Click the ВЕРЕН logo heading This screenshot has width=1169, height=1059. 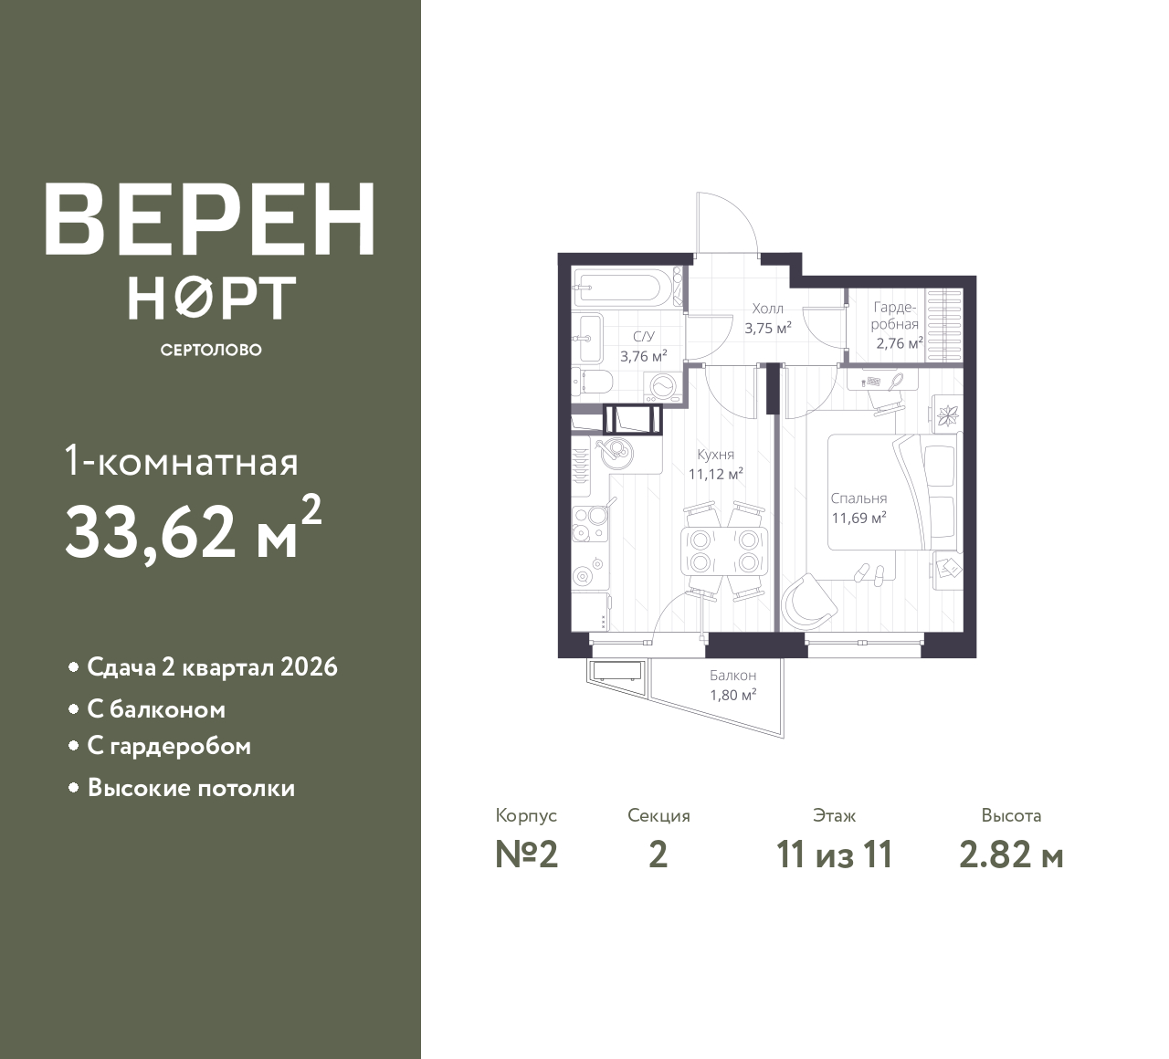[x=210, y=219]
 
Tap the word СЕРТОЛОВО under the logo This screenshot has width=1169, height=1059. [x=211, y=350]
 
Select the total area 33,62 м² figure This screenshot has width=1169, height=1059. [x=194, y=530]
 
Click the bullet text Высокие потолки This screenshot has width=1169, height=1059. [x=191, y=788]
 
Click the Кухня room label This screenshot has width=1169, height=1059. [x=716, y=455]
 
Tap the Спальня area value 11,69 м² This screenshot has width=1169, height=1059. [x=859, y=518]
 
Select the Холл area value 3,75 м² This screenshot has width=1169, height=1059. [x=767, y=328]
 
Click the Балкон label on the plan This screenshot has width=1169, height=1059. [x=733, y=676]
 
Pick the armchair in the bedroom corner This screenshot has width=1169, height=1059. [x=809, y=602]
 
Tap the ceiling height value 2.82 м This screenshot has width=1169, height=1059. [x=1011, y=855]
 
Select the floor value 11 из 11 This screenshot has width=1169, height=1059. [x=834, y=855]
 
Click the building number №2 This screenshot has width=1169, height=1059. [x=527, y=855]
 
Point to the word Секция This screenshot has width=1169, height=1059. [x=658, y=815]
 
